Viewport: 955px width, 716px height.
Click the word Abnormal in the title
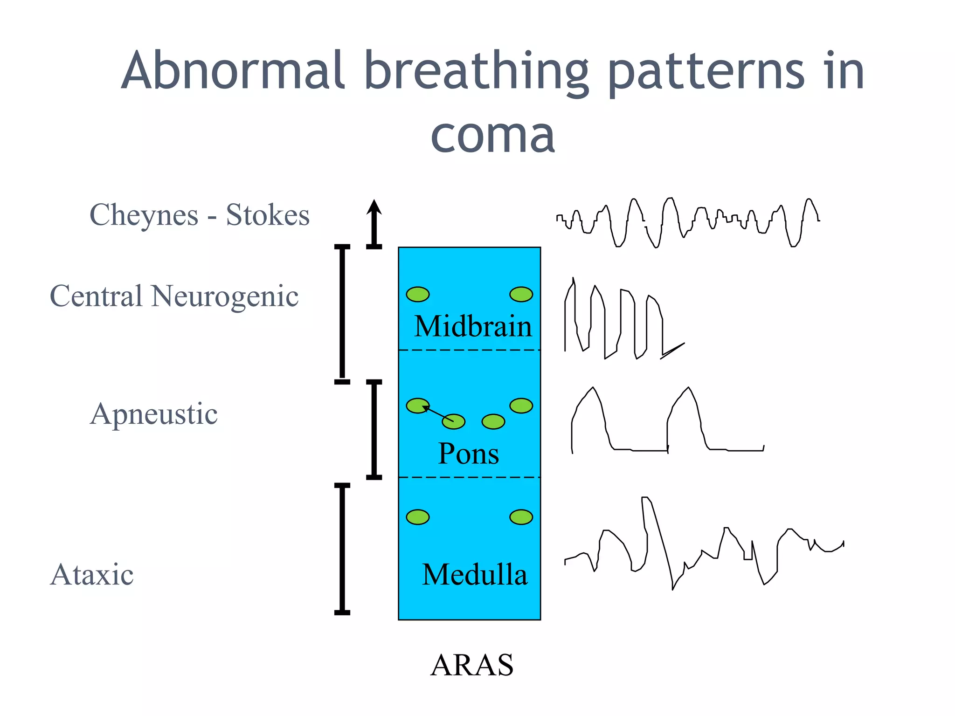(x=233, y=71)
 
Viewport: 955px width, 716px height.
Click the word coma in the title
(x=492, y=135)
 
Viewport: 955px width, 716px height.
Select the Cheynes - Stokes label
(x=199, y=215)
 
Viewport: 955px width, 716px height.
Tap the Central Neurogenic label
(x=174, y=296)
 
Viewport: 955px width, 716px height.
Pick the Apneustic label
(x=154, y=414)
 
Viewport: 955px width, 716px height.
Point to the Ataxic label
(x=92, y=574)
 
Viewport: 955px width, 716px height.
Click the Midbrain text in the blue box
(x=473, y=326)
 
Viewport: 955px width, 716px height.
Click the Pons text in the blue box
(x=468, y=454)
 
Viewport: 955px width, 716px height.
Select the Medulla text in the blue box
(x=474, y=574)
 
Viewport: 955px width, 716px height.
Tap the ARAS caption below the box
(x=471, y=665)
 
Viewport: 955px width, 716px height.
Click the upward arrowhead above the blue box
(x=374, y=208)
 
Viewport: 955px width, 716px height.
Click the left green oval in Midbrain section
(x=417, y=294)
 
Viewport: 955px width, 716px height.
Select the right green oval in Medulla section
(x=521, y=517)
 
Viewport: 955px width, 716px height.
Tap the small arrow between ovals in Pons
(x=437, y=413)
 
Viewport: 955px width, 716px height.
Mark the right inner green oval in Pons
(x=493, y=422)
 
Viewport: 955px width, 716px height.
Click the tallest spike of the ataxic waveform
(x=646, y=500)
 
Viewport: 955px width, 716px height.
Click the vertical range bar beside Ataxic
(x=342, y=549)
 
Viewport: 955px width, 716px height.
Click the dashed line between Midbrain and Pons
(x=469, y=350)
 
